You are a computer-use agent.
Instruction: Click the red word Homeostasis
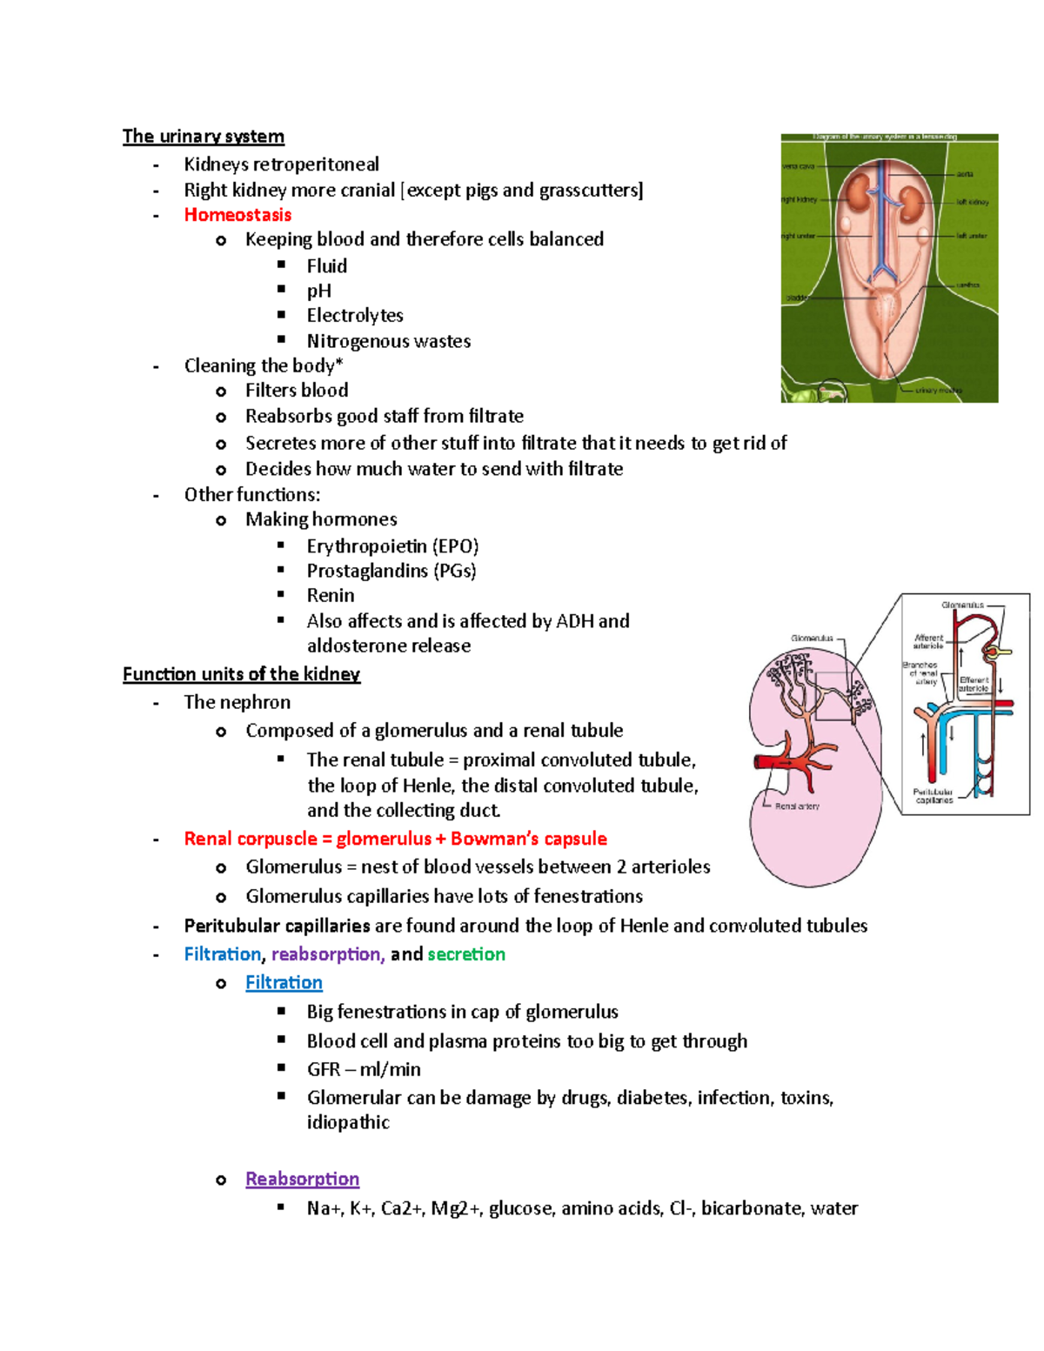click(x=238, y=215)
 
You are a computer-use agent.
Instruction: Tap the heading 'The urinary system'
click(x=203, y=137)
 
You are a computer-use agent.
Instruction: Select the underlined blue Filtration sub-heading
click(x=284, y=982)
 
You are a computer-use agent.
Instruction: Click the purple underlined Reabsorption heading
click(x=302, y=1179)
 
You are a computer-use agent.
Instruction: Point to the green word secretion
click(x=466, y=954)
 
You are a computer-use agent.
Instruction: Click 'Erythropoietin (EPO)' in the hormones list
click(x=392, y=546)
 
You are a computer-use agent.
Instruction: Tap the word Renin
click(x=331, y=596)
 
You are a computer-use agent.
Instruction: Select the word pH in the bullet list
click(x=318, y=291)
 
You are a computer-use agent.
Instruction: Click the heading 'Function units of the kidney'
click(x=241, y=674)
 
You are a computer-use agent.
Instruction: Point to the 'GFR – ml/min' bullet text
click(x=364, y=1069)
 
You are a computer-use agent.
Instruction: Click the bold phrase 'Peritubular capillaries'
click(x=277, y=926)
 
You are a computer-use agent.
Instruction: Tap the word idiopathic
click(x=348, y=1122)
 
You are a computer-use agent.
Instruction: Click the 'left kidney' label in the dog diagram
click(x=972, y=202)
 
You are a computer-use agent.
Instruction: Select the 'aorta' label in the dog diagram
click(x=965, y=174)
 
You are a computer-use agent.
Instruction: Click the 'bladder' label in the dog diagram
click(x=796, y=298)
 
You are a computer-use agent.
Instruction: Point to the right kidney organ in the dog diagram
click(x=861, y=192)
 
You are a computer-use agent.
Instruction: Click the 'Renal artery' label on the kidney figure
click(x=796, y=806)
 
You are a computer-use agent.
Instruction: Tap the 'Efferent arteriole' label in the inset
click(x=974, y=684)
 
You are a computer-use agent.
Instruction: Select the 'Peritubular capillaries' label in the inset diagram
click(x=934, y=796)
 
